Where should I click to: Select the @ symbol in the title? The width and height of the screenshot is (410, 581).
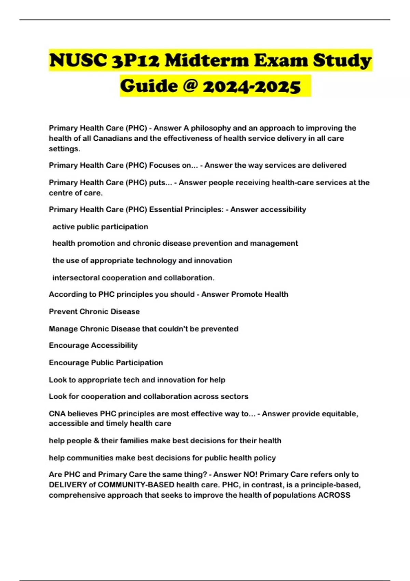[x=190, y=85]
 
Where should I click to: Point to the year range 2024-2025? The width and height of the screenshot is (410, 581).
[x=251, y=86]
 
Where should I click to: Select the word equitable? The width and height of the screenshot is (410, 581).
[x=338, y=414]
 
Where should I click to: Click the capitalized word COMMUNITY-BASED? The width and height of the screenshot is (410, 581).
[x=136, y=485]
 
